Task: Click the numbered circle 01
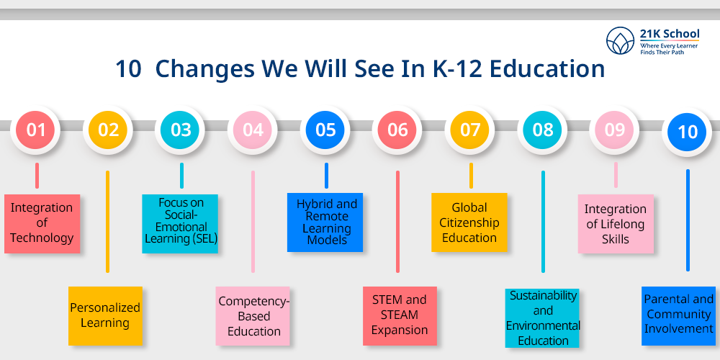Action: [x=35, y=130]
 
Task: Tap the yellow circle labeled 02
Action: [x=108, y=130]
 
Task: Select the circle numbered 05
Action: [x=325, y=130]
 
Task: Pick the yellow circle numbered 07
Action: [x=470, y=130]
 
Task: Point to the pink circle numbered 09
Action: [x=614, y=130]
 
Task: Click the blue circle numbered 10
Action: [x=687, y=132]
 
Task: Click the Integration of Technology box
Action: [x=42, y=224]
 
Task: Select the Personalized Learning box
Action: [x=105, y=316]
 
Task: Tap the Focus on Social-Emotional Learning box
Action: [x=180, y=224]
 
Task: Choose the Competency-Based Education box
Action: [x=253, y=316]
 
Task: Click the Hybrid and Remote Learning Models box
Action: [x=325, y=222]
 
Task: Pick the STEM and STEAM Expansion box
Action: [x=400, y=316]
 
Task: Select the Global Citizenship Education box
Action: [x=469, y=222]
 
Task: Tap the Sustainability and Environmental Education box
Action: [x=542, y=318]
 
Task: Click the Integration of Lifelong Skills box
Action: [x=616, y=224]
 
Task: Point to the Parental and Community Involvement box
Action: [x=679, y=316]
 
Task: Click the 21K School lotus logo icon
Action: [x=620, y=40]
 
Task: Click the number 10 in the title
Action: [x=128, y=69]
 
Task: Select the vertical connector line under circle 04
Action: [x=253, y=222]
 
